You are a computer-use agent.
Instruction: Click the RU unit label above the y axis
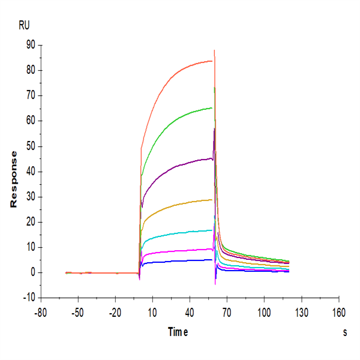tap(24, 25)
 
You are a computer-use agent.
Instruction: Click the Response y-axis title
tap(13, 179)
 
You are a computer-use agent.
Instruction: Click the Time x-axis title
tap(178, 332)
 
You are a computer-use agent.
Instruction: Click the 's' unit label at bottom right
tap(345, 332)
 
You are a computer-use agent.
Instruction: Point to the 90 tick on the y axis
tap(29, 45)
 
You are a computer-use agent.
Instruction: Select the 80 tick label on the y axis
tap(29, 70)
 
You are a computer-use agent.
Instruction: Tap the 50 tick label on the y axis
tap(29, 146)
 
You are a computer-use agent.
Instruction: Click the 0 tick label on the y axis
tap(31, 272)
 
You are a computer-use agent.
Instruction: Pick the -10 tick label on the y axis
tap(27, 298)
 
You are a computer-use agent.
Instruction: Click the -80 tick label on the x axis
tap(41, 313)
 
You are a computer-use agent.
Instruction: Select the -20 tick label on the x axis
tap(115, 313)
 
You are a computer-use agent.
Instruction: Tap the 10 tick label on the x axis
tap(152, 313)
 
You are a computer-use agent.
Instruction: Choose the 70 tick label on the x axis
tap(227, 313)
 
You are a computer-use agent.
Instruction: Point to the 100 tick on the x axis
tap(264, 313)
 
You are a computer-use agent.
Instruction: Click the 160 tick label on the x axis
tap(338, 313)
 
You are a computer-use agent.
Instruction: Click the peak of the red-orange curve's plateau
tap(210, 61)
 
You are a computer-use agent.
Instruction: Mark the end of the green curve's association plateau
tap(212, 108)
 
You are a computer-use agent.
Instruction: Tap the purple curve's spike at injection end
tap(214, 130)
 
